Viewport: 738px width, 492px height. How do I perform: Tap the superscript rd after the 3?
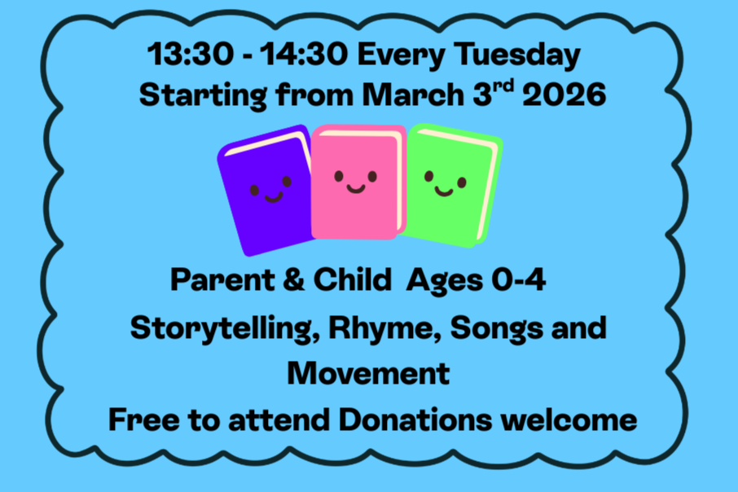tap(503, 87)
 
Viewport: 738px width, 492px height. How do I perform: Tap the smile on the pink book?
tap(355, 188)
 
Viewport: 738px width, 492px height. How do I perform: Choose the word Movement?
tap(368, 373)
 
